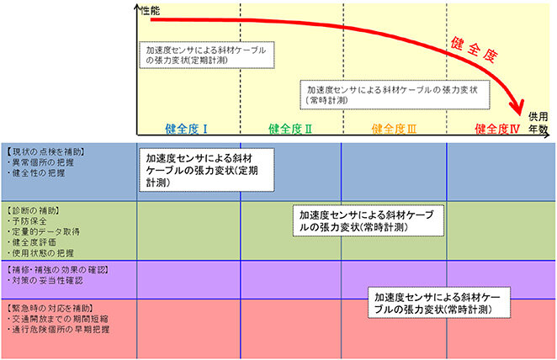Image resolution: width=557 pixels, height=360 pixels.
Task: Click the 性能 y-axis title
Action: (152, 8)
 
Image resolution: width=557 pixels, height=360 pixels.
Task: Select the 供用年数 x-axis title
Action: (538, 122)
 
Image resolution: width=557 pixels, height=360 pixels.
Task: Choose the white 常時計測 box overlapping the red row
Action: (438, 304)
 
